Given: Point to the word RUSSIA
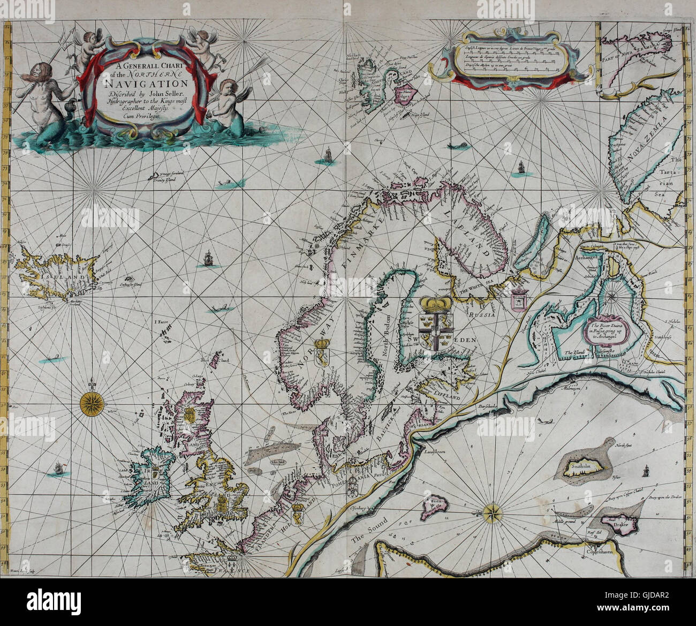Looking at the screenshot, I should click(484, 315).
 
